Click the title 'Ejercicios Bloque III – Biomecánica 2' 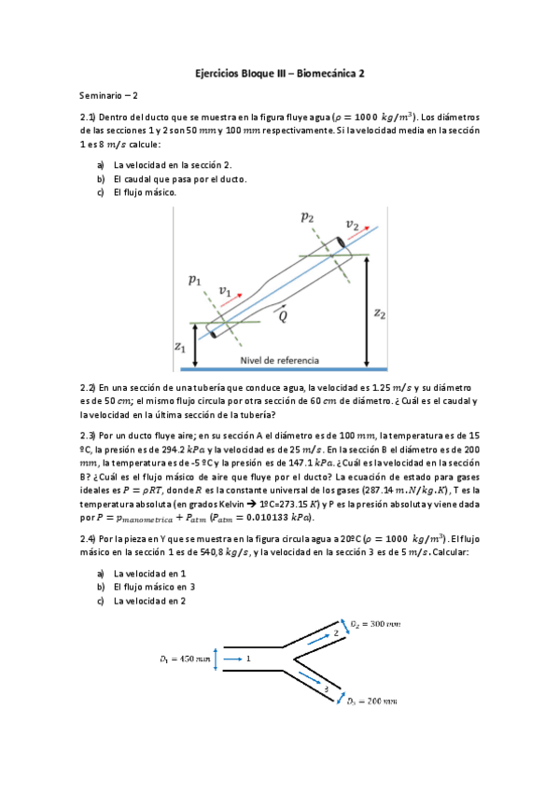(x=280, y=71)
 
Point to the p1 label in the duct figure (x=194, y=279)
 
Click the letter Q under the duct (x=283, y=315)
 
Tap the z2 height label (x=380, y=313)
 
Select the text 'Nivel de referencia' (x=279, y=359)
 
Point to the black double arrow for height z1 (x=193, y=344)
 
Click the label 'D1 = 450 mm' (x=184, y=659)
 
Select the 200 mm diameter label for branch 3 (x=375, y=701)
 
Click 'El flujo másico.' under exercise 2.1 (x=145, y=193)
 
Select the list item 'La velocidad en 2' (x=149, y=602)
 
